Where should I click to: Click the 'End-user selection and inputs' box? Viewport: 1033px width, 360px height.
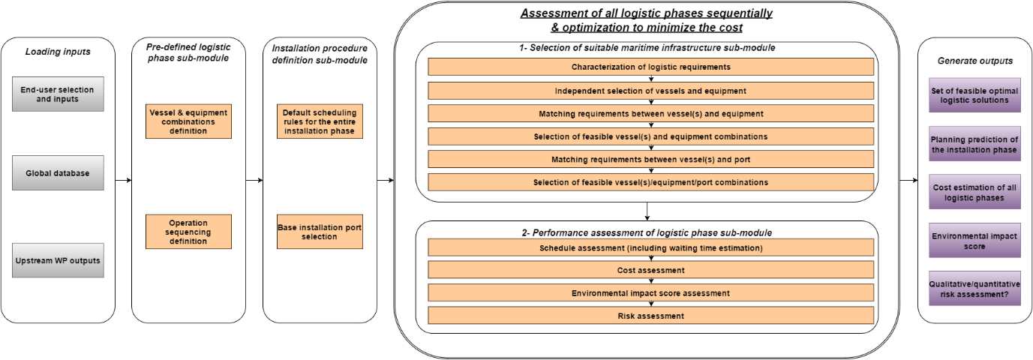tap(58, 94)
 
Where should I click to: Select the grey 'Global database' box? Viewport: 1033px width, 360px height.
tap(58, 173)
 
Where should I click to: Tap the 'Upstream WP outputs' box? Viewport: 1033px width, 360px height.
tap(58, 260)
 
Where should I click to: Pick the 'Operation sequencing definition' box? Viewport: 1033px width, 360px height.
tap(188, 232)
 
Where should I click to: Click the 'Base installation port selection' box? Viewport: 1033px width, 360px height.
tap(320, 232)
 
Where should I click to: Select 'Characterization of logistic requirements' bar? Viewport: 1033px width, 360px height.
tap(650, 67)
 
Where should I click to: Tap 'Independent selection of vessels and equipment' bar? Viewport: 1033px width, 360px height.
tap(650, 91)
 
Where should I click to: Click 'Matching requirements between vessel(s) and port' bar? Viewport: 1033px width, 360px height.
tap(650, 160)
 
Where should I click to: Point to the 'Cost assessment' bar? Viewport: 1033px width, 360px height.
tap(650, 270)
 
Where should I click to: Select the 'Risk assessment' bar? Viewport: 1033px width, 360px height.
tap(650, 316)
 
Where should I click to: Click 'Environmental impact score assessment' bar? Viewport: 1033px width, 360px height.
tap(650, 292)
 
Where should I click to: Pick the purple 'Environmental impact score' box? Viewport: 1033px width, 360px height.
tap(974, 241)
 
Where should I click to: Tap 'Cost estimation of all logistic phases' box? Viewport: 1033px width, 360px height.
tap(974, 193)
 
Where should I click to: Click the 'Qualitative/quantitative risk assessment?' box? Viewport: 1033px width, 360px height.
tap(974, 289)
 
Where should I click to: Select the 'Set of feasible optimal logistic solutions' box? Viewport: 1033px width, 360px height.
tap(974, 94)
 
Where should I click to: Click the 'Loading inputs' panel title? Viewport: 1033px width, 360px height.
tap(58, 52)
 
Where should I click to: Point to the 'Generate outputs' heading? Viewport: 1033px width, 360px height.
tap(974, 60)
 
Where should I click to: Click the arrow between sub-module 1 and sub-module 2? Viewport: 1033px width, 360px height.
tap(646, 211)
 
